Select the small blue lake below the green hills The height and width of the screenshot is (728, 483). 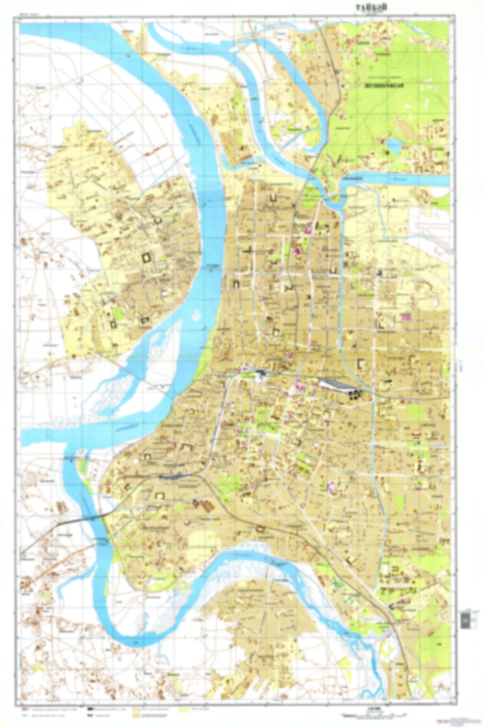click(394, 147)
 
